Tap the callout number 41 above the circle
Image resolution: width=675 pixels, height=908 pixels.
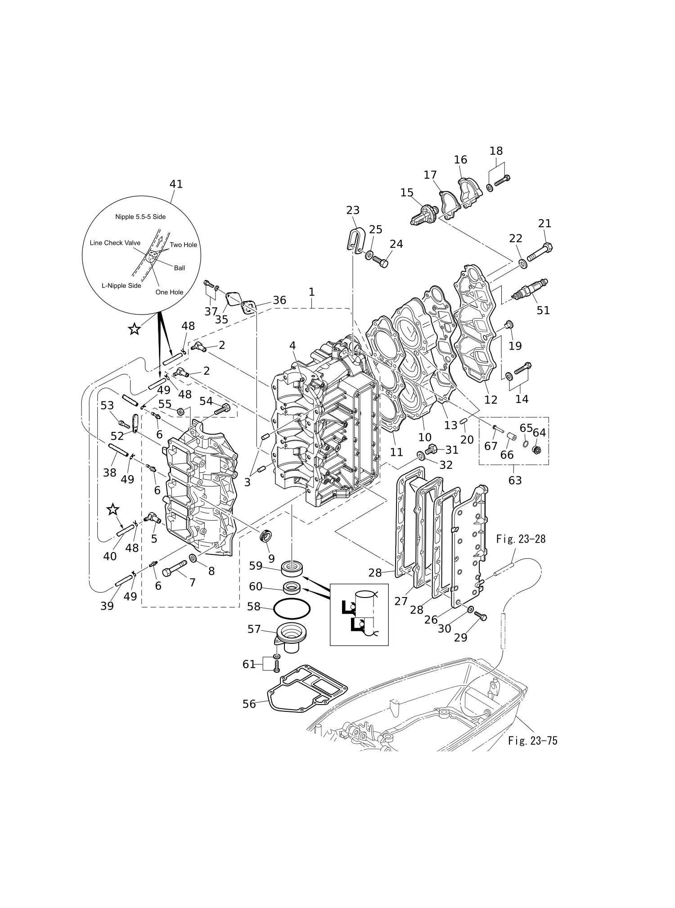(176, 184)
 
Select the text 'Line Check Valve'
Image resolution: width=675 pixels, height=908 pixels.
(115, 243)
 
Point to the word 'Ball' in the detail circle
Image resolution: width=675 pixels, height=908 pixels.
(180, 268)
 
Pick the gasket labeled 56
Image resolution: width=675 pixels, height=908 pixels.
(308, 689)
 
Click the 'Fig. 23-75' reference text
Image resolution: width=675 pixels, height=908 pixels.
(533, 741)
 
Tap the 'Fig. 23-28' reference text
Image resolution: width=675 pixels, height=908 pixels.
(521, 539)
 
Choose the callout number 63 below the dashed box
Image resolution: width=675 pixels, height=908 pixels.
(515, 480)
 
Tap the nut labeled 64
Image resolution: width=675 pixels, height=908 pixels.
(536, 449)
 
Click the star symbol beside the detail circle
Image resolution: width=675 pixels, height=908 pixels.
(134, 329)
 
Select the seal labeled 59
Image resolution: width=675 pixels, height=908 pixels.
(292, 568)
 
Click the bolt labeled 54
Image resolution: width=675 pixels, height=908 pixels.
(223, 409)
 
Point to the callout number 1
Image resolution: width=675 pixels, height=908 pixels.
(311, 292)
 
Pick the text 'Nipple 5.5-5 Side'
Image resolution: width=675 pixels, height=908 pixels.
(140, 217)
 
